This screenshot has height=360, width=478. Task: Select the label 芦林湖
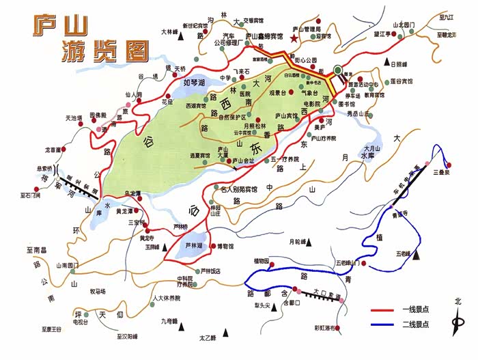coord(195,245)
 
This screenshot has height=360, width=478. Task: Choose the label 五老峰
coord(402,253)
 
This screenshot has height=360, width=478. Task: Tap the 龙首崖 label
coord(54,149)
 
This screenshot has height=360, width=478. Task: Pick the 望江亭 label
coord(381,33)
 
